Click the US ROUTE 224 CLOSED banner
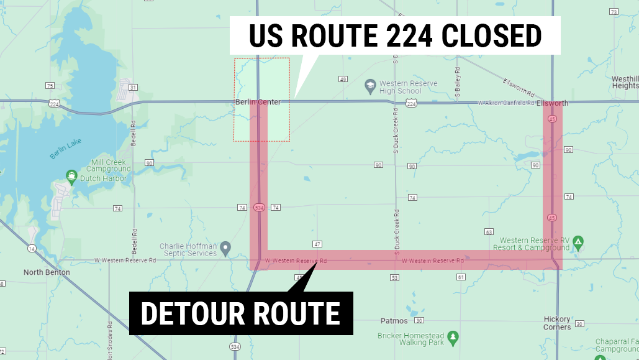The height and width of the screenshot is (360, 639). click(395, 35)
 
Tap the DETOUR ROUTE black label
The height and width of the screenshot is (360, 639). click(241, 313)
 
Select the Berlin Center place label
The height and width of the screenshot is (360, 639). click(258, 102)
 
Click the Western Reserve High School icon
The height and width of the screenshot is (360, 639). click(371, 85)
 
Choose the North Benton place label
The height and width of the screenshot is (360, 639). click(47, 272)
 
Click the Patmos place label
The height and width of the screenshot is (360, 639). click(394, 321)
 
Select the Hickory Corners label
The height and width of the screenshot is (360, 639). click(557, 323)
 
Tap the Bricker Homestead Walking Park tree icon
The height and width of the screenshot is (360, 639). click(453, 336)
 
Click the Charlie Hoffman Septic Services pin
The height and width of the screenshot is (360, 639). click(226, 247)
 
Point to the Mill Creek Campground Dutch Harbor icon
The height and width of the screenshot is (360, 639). click(71, 177)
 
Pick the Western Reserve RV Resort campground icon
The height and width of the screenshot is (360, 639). click(578, 241)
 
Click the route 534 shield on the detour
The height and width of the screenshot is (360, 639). click(260, 208)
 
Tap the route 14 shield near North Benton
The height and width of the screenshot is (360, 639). click(31, 249)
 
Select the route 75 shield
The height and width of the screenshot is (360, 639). click(50, 85)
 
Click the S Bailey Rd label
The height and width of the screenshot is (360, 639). click(458, 81)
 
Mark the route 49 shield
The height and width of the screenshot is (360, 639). click(343, 79)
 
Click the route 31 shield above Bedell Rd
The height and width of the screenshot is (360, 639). click(133, 88)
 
